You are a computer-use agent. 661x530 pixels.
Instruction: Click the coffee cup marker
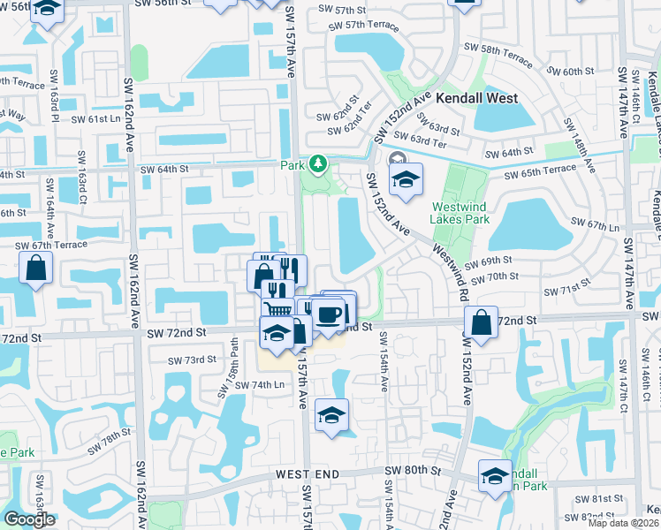[x=328, y=314]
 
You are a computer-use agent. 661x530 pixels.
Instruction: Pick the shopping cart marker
[x=277, y=309]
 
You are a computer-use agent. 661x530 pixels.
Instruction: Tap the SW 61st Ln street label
[x=95, y=118]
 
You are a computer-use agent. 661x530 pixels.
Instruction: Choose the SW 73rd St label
[x=193, y=360]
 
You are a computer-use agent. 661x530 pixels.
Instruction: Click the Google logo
[x=29, y=519]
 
